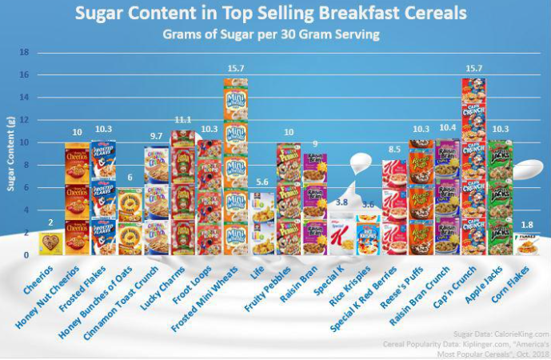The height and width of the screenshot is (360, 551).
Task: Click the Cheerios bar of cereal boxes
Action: (x=51, y=243)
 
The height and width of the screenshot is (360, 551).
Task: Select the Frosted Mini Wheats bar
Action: (x=235, y=168)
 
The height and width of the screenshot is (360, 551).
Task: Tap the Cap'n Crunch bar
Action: (x=473, y=168)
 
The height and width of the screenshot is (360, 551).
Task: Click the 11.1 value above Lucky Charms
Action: (x=182, y=119)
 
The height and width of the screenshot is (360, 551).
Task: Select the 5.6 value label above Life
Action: (x=262, y=182)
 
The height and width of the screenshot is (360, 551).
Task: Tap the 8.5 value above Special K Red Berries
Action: (x=393, y=149)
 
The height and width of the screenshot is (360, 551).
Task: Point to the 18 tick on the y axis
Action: (x=24, y=53)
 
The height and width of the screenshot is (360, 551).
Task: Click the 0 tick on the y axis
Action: (x=26, y=255)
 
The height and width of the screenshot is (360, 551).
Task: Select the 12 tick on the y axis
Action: (x=24, y=120)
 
